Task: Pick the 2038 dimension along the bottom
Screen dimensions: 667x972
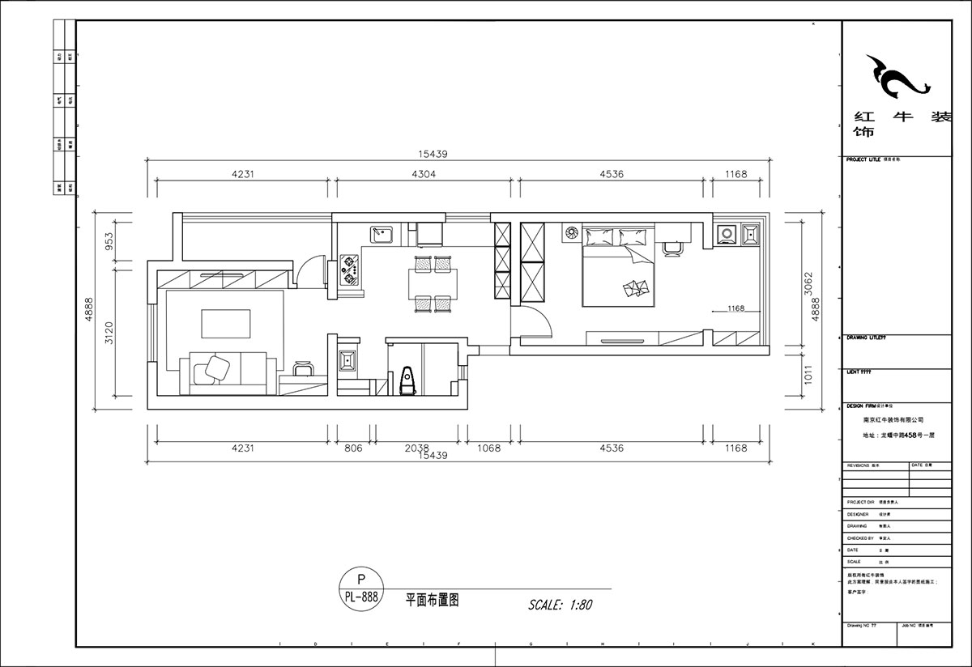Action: point(416,448)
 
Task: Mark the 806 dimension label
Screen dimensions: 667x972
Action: point(354,448)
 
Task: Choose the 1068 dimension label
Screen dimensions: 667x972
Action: point(488,448)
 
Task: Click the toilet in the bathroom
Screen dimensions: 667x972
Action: point(408,380)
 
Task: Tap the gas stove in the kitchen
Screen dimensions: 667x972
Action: point(350,270)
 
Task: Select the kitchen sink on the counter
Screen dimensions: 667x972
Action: point(382,235)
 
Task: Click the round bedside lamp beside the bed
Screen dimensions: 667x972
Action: point(571,233)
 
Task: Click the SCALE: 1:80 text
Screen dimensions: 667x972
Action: point(561,605)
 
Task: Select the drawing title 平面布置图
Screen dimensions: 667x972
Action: point(433,601)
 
